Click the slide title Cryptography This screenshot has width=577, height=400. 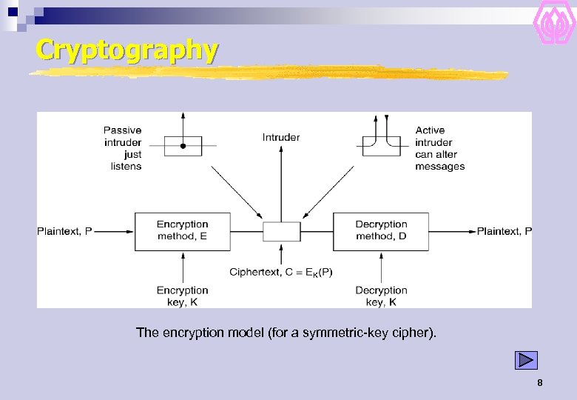(126, 50)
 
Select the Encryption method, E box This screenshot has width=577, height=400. (182, 230)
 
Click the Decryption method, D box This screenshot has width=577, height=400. (381, 230)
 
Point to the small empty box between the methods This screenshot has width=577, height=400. (282, 231)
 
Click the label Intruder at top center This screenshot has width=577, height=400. (281, 137)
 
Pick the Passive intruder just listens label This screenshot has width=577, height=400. (122, 148)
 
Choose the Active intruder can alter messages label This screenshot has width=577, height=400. (439, 148)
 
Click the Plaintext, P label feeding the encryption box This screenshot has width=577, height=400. (64, 231)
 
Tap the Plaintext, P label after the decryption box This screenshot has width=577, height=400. (504, 231)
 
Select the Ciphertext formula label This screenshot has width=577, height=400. (281, 272)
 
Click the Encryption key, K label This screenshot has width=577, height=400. (182, 296)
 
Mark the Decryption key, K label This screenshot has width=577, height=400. (381, 296)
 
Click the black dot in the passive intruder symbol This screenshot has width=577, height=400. (183, 147)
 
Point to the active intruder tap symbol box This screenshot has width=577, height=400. (381, 145)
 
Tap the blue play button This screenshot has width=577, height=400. (526, 360)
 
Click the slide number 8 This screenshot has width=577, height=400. (540, 383)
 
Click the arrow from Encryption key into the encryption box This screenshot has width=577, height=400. (182, 267)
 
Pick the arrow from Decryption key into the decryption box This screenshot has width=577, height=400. (381, 267)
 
